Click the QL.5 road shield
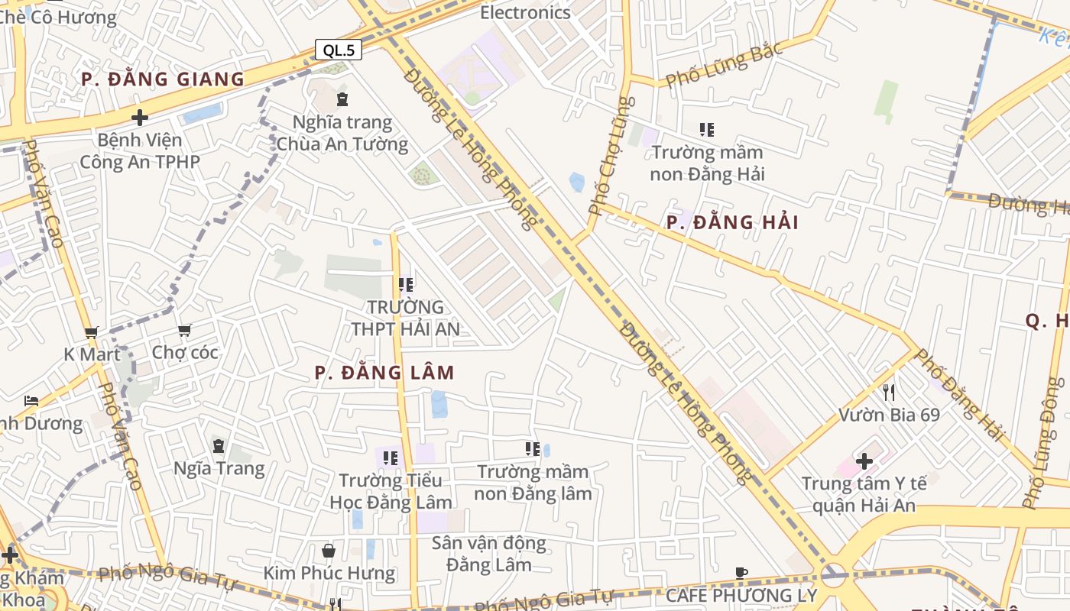coord(339,50)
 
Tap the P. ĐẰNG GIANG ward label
coord(163,79)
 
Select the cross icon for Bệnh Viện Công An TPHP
coord(139,118)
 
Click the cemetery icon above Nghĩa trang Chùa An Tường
coord(342,99)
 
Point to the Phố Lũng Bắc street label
coord(723,66)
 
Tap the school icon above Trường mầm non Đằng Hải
coord(707,130)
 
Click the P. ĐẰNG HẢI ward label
coord(732,223)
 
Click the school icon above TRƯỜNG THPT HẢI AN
coord(406,285)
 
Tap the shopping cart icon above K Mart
coord(92,332)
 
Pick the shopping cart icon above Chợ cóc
coord(184,330)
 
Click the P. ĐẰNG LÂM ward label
coord(384,373)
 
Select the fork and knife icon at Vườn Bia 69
coord(888,393)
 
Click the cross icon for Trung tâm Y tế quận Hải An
coord(864,461)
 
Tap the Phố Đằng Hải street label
coord(958,396)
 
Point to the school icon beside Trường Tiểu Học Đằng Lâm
coord(391,458)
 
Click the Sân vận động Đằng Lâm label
coord(489,554)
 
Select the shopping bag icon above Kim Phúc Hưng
coord(329,551)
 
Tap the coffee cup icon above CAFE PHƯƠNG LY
coord(741,573)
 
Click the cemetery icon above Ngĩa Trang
coord(219,446)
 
